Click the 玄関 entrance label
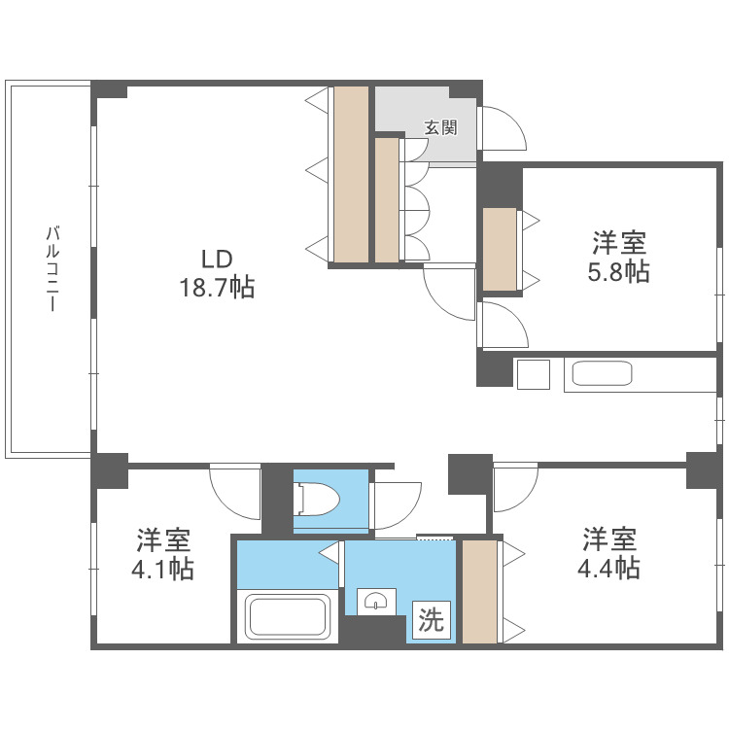pos(440,127)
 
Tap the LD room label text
pos(217,259)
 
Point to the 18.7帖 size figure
pos(217,288)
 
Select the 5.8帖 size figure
pos(618,271)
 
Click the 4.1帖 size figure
pos(162,569)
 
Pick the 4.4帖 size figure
pos(608,568)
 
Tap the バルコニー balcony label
pos(52,268)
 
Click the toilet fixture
pos(318,499)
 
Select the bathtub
pos(288,617)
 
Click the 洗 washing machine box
pos(431,620)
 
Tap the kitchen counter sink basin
pos(602,373)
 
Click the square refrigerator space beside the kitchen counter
pos(534,374)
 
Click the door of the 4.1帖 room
pos(235,491)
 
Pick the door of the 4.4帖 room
pos(515,487)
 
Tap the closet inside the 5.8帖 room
pos(500,250)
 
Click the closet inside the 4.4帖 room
pos(480,592)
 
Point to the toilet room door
pos(396,505)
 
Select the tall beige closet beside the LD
pos(351,174)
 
